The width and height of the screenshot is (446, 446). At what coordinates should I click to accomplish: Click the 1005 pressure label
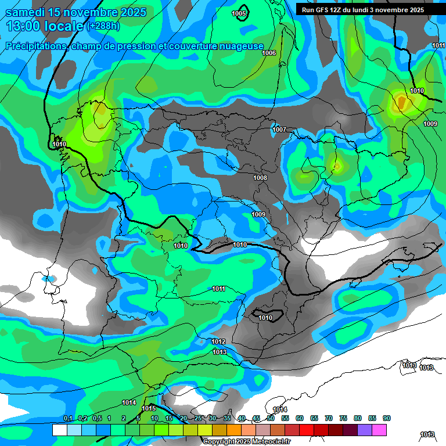click(239, 13)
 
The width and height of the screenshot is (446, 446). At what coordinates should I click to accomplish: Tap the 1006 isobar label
click(269, 53)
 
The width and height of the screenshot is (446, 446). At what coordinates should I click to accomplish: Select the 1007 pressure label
click(279, 130)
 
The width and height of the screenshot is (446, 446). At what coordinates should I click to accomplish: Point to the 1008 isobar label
click(260, 178)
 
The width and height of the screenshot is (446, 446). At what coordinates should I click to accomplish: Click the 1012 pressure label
click(218, 341)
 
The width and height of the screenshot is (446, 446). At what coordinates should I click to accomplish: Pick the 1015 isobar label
click(149, 409)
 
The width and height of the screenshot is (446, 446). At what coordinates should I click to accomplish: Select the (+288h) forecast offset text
click(103, 26)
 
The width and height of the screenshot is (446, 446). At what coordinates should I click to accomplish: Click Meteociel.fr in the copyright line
click(270, 441)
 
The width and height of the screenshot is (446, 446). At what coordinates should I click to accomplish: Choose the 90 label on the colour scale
click(387, 418)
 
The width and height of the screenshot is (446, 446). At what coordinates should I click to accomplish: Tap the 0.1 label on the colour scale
click(68, 418)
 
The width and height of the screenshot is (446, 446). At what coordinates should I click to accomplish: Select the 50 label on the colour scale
click(271, 418)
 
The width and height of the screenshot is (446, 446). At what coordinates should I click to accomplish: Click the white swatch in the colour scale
click(59, 430)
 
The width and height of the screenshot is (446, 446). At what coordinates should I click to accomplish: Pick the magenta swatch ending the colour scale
click(379, 430)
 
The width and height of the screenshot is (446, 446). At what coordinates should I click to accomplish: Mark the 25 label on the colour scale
click(198, 418)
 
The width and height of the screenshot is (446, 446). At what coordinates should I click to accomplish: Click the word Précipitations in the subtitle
click(35, 46)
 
